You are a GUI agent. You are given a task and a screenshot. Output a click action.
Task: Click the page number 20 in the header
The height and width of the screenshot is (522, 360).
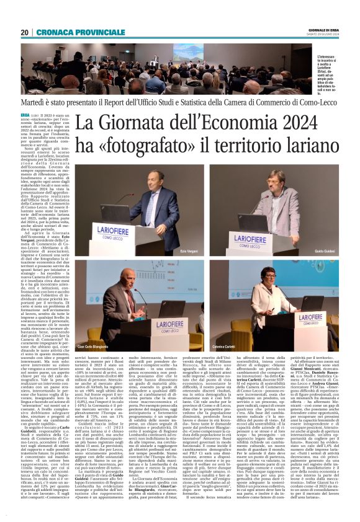(25, 32)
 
